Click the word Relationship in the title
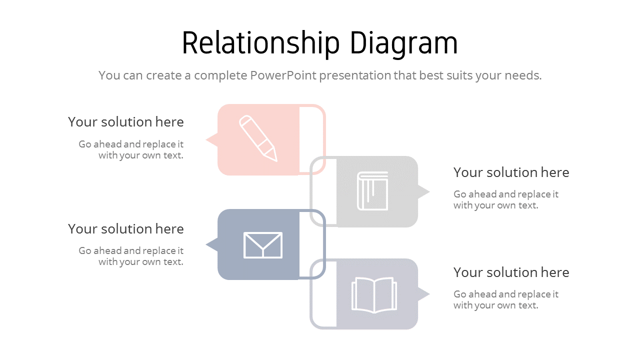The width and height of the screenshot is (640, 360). pyautogui.click(x=260, y=43)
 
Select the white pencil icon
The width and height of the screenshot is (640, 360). pyautogui.click(x=258, y=138)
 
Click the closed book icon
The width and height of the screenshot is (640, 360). pyautogui.click(x=373, y=191)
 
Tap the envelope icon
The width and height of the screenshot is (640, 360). pyautogui.click(x=263, y=245)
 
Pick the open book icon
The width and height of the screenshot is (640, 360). pyautogui.click(x=374, y=295)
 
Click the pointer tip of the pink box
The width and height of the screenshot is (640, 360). pyautogui.click(x=207, y=140)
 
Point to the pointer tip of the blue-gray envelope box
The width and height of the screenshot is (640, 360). pyautogui.click(x=207, y=245)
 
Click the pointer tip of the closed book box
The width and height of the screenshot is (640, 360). pyautogui.click(x=428, y=191)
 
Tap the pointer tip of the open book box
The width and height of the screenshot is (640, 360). pyautogui.click(x=428, y=294)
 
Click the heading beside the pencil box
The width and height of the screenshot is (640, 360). pyautogui.click(x=126, y=122)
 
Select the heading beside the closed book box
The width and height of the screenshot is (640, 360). pyautogui.click(x=511, y=172)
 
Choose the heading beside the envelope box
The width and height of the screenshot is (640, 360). pyautogui.click(x=126, y=229)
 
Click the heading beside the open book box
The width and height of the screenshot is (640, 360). pyautogui.click(x=511, y=272)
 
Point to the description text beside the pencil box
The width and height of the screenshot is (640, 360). pyautogui.click(x=131, y=149)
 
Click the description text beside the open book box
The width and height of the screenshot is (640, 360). pyautogui.click(x=505, y=299)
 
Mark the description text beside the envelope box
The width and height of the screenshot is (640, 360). pyautogui.click(x=131, y=256)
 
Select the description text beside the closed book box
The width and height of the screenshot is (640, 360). pyautogui.click(x=505, y=199)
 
